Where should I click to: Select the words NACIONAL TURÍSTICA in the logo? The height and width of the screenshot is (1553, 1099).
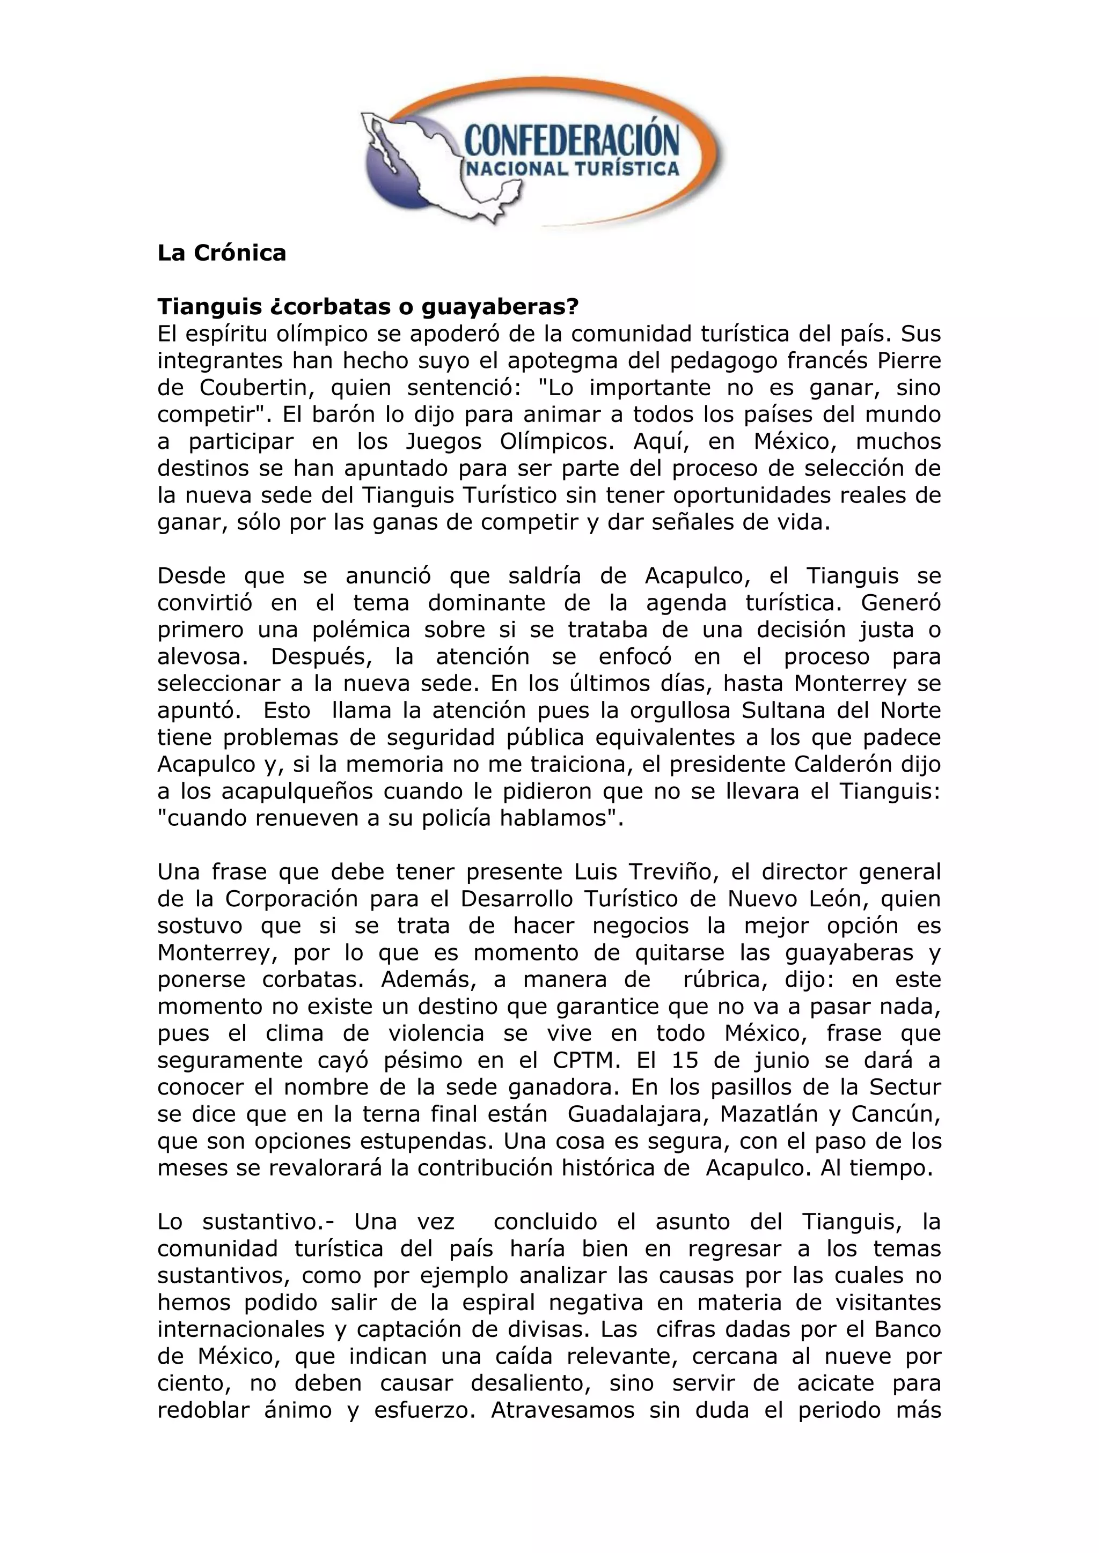pyautogui.click(x=571, y=168)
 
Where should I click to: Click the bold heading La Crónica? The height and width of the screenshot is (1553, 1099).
pyautogui.click(x=221, y=253)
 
